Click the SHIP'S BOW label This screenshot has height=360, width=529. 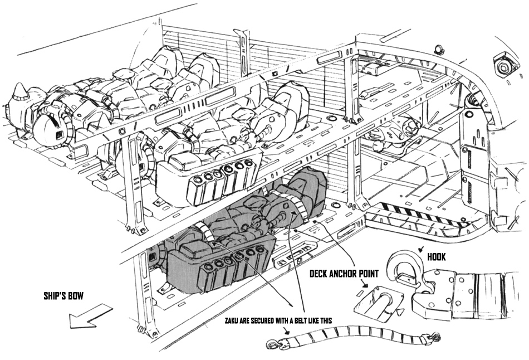point(63,296)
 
